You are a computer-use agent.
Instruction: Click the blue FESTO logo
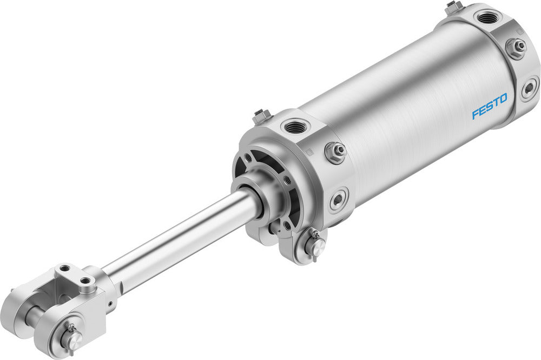(x=490, y=106)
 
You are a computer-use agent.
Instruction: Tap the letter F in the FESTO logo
(x=476, y=114)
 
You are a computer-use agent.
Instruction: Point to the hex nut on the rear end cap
(x=516, y=48)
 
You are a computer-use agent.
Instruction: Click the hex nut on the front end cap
(x=336, y=152)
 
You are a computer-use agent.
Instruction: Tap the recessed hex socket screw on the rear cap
(x=530, y=88)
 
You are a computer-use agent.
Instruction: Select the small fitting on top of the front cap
(x=262, y=115)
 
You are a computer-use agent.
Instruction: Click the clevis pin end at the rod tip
(x=71, y=339)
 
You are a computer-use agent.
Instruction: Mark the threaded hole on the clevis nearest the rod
(x=85, y=280)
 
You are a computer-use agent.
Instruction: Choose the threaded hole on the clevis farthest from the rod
(x=65, y=268)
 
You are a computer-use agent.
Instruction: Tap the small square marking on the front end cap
(x=309, y=153)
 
